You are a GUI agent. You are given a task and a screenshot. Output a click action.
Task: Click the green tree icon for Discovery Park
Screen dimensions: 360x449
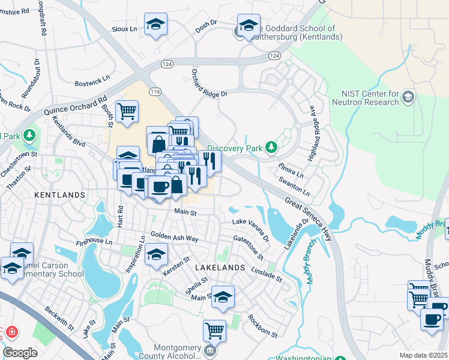(x=272, y=146)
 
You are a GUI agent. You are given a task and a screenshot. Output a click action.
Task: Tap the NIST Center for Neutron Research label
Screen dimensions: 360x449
(x=370, y=98)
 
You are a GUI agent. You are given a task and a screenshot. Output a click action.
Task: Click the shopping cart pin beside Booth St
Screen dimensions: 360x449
(x=127, y=111)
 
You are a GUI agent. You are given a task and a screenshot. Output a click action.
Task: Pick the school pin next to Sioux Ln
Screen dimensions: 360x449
(x=155, y=24)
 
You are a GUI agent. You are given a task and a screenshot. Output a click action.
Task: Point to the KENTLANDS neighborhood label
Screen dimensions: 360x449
(x=59, y=195)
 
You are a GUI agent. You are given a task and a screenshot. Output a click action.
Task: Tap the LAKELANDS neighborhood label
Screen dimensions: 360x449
(x=220, y=267)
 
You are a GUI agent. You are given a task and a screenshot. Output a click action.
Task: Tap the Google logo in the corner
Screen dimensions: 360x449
(x=20, y=353)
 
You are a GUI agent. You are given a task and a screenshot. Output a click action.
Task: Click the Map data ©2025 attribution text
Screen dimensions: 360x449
(x=423, y=355)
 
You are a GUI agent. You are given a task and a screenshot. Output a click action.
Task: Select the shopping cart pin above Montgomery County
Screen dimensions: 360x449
(x=214, y=329)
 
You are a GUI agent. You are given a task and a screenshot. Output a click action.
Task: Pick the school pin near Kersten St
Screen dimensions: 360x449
(x=156, y=256)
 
